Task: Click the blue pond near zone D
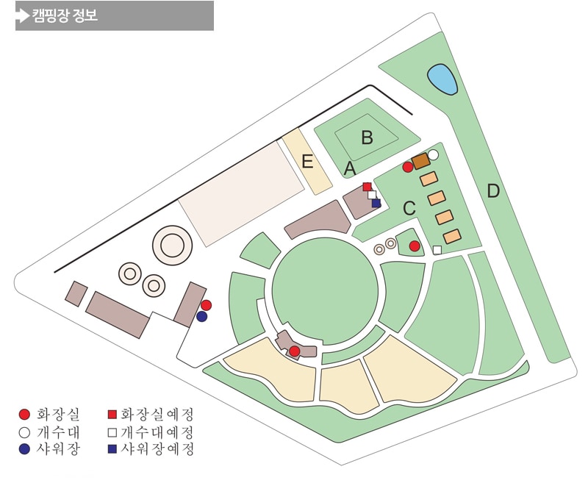(x=442, y=79)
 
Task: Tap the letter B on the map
(x=367, y=137)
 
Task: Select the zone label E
(x=307, y=162)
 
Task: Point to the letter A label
(x=351, y=169)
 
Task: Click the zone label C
(x=409, y=208)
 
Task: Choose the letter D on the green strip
(x=493, y=191)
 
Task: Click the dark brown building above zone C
(x=420, y=161)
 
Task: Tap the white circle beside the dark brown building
(x=433, y=154)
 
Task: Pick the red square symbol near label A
(x=367, y=187)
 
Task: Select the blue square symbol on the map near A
(x=376, y=203)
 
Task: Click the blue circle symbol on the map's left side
(x=202, y=317)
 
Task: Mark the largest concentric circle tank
(x=171, y=245)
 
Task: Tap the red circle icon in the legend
(x=24, y=414)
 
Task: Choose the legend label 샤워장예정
(x=156, y=448)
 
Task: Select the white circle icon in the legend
(x=24, y=431)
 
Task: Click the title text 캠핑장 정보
(x=65, y=15)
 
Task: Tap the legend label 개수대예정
(x=156, y=431)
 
